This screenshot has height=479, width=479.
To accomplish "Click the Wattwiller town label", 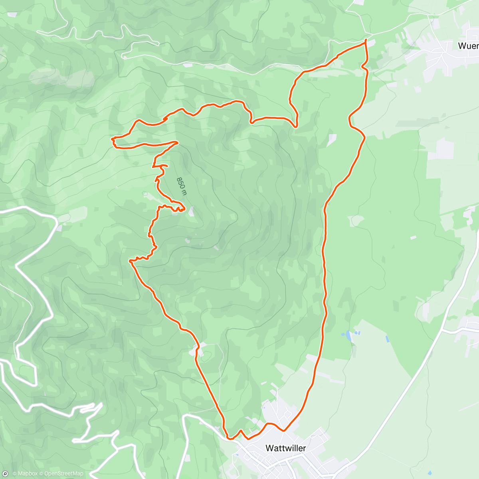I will point(285,448).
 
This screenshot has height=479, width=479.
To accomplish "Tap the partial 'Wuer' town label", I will point(468,46).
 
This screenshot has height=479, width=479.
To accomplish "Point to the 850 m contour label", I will point(182,186).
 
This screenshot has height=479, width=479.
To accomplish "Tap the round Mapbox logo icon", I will point(5,474).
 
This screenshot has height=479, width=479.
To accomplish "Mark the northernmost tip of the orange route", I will point(366,41).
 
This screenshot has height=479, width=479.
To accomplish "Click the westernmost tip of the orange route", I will point(112,139).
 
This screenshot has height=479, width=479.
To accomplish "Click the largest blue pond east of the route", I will point(349,336).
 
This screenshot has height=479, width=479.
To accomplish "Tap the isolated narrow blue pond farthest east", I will point(387,339).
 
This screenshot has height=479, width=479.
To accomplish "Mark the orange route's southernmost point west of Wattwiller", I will point(229,438).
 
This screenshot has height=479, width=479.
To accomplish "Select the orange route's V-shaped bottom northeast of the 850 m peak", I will point(295,127).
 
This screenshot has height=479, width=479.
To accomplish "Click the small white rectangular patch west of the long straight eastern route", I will point(332,140).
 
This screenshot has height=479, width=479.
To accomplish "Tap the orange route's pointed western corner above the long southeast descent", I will point(130,261).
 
